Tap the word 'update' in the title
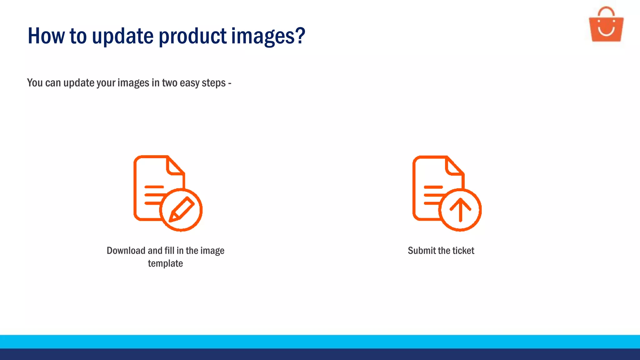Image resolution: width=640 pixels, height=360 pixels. tap(123, 36)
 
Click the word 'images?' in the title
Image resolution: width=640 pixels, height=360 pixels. tap(268, 36)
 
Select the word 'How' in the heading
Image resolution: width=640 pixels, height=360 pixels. tap(46, 36)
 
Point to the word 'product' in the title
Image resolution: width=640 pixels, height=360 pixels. tap(192, 36)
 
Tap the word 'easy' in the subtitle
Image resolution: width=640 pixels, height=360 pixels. tap(190, 83)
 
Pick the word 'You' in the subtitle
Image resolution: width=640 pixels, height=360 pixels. tap(35, 83)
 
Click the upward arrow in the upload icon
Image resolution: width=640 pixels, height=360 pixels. tap(460, 209)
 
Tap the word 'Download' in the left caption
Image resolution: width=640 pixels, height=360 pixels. tap(126, 251)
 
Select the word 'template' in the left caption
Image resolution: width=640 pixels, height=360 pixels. tap(165, 263)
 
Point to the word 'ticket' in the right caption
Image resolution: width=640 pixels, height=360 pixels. tap(463, 251)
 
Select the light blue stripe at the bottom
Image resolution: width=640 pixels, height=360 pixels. tap(320, 342)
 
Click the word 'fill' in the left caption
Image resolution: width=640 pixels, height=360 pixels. tap(169, 251)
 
